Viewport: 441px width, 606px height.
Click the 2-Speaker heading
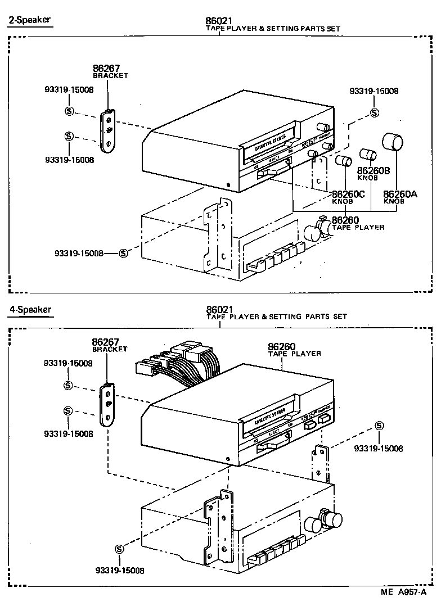tap(29, 20)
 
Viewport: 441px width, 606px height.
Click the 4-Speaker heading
tap(30, 309)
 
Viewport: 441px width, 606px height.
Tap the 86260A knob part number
tap(398, 194)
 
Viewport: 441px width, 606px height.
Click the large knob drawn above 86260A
tap(393, 142)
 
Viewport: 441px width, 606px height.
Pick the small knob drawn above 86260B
tap(367, 155)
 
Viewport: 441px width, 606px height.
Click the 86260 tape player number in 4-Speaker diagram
tap(282, 346)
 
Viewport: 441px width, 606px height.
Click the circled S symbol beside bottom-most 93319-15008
tap(119, 549)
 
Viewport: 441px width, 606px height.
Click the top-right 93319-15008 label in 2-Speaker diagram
tap(374, 91)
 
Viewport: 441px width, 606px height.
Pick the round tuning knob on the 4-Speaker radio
tap(312, 524)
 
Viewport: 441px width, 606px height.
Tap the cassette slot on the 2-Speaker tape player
tap(271, 141)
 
